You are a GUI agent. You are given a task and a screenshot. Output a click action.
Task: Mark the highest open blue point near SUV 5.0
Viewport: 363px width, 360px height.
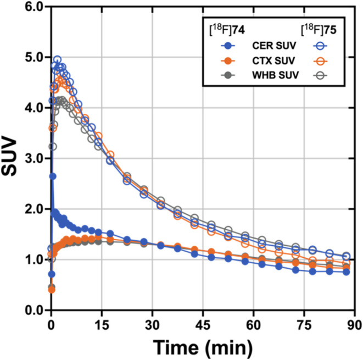click(57, 59)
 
